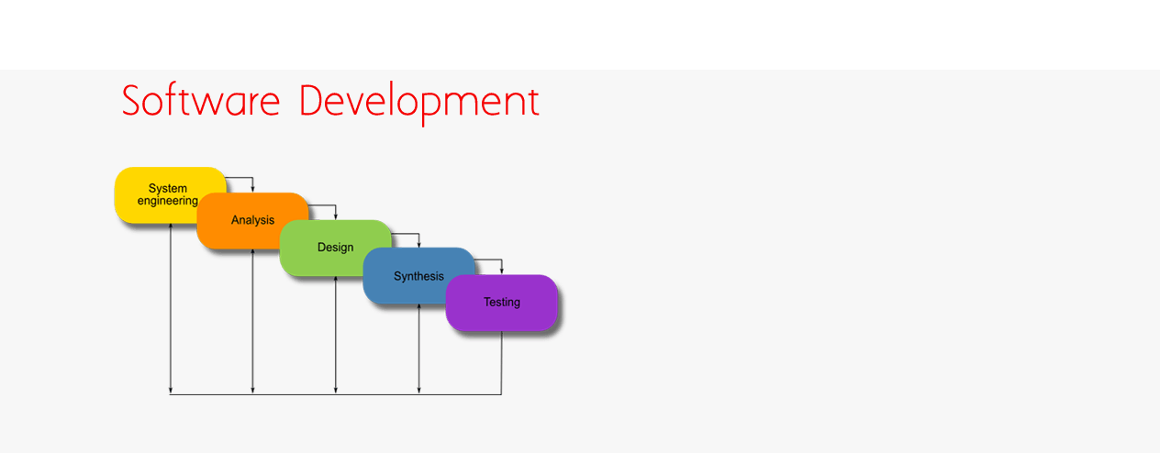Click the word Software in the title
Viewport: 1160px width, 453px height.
pyautogui.click(x=201, y=101)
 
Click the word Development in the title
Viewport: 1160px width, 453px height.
pyautogui.click(x=419, y=103)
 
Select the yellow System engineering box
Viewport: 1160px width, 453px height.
pyautogui.click(x=170, y=195)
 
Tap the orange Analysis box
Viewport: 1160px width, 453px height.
pyautogui.click(x=252, y=221)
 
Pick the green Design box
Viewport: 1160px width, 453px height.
pyautogui.click(x=336, y=248)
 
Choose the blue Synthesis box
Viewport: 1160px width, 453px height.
pyautogui.click(x=418, y=276)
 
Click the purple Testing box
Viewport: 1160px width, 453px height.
pyautogui.click(x=502, y=303)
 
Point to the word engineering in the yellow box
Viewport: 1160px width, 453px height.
pyautogui.click(x=168, y=202)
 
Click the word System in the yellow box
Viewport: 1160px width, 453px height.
pyautogui.click(x=168, y=189)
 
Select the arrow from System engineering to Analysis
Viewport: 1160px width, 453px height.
pyautogui.click(x=252, y=178)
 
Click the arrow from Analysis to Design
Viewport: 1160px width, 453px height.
pyautogui.click(x=336, y=205)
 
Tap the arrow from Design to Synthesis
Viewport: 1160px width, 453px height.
pyautogui.click(x=418, y=234)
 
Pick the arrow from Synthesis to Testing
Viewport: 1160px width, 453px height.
pyautogui.click(x=501, y=260)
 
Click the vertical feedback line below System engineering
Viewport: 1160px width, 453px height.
pyautogui.click(x=171, y=308)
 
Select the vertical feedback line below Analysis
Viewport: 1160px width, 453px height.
pyautogui.click(x=252, y=321)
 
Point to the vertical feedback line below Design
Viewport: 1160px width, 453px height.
pyautogui.click(x=336, y=335)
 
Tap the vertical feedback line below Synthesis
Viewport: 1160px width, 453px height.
pyautogui.click(x=419, y=349)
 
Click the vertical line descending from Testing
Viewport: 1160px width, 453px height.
pyautogui.click(x=501, y=362)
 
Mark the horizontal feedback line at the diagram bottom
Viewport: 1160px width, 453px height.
pyautogui.click(x=336, y=394)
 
